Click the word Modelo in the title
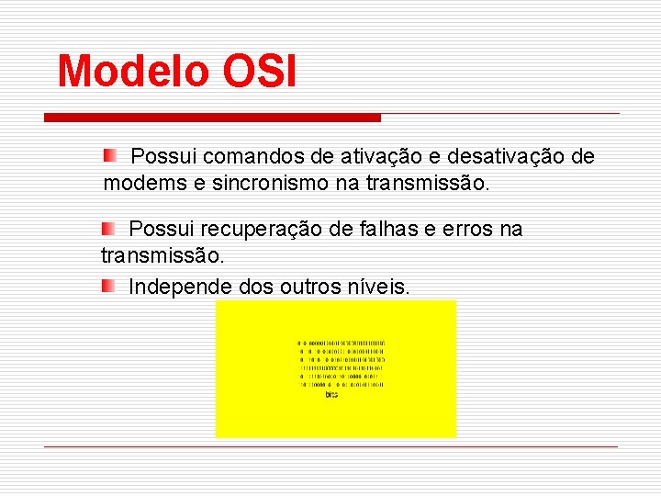[x=132, y=72]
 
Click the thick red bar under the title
[x=212, y=118]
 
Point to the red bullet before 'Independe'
[x=107, y=287]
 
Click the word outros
[x=307, y=287]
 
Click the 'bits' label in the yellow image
[x=331, y=395]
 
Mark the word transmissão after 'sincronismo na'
[x=428, y=184]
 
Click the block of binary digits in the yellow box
[x=341, y=364]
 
